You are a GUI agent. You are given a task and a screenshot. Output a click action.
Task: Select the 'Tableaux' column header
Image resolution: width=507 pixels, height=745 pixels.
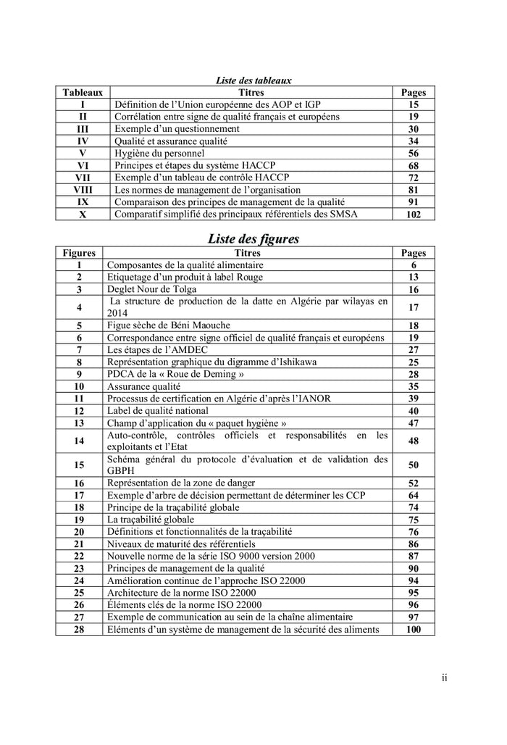tap(83, 93)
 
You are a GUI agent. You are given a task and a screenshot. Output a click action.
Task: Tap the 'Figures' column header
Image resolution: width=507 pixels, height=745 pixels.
tap(79, 253)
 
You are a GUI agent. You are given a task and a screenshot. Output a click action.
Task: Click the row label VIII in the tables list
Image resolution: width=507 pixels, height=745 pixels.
tap(83, 189)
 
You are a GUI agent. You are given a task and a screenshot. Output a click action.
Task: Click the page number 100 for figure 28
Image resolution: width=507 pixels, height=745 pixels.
tap(413, 629)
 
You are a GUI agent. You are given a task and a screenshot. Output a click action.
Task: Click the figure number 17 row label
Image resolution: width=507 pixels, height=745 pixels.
tap(79, 495)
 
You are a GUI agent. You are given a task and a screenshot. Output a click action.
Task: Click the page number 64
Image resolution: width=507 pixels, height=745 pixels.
tap(413, 495)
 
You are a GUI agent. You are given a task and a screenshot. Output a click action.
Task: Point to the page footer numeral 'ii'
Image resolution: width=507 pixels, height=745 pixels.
tap(444, 678)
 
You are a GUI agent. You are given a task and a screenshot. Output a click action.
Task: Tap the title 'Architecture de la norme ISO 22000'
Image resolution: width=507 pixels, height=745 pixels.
tap(185, 592)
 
